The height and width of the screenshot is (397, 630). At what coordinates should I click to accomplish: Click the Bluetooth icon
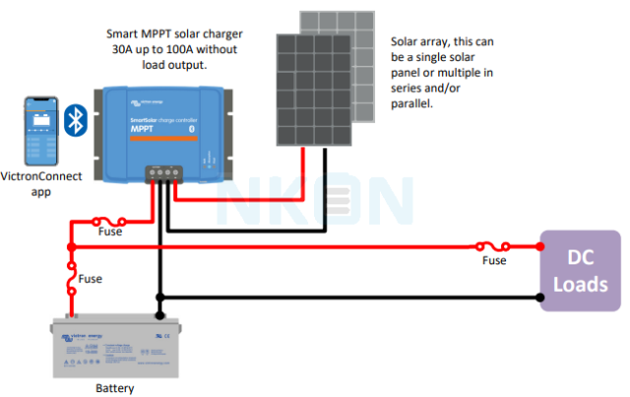[75, 119]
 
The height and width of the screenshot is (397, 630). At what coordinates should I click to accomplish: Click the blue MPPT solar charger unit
[162, 133]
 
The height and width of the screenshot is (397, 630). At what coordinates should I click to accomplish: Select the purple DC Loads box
[581, 270]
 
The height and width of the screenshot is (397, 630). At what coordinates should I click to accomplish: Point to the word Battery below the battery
[114, 388]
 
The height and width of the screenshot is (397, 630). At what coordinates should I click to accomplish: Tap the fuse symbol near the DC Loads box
[493, 246]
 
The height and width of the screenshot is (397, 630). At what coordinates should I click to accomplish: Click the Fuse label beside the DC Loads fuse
[494, 260]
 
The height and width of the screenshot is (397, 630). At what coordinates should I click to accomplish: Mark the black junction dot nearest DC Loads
[540, 296]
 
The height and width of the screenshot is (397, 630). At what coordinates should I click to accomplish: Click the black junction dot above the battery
[158, 316]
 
